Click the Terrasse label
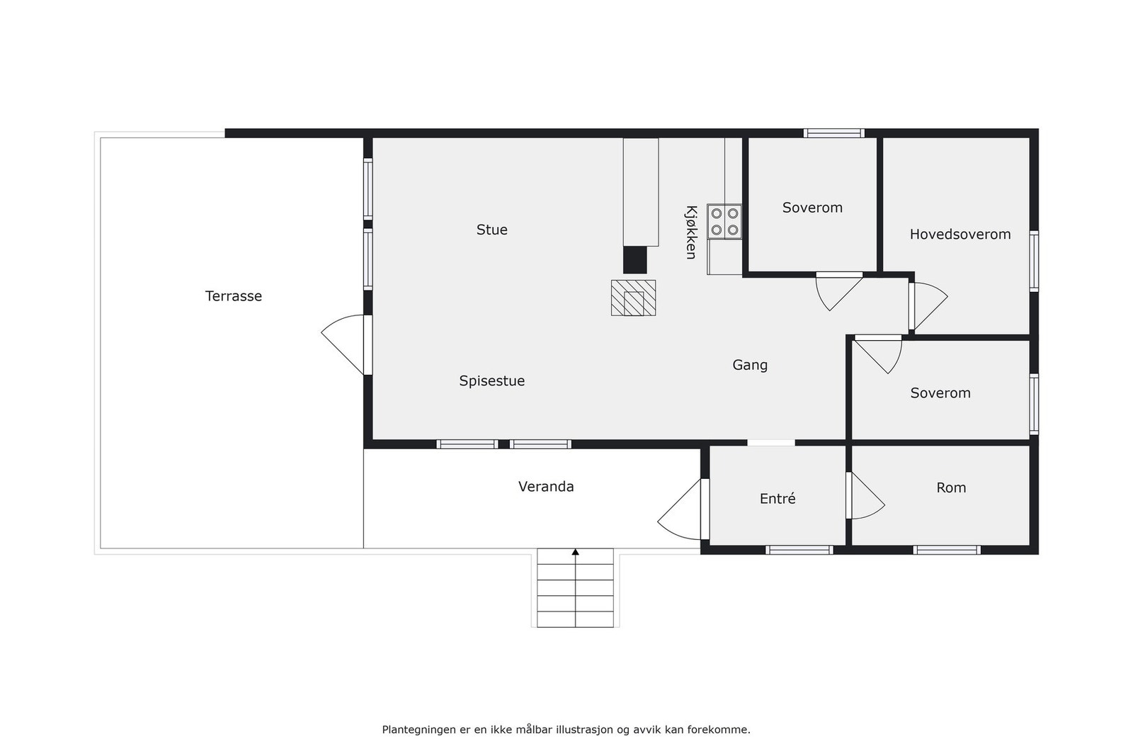[233, 296]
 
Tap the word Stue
[491, 230]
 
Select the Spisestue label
[491, 380]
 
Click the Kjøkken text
[691, 232]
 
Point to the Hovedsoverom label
[960, 235]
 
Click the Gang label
[749, 365]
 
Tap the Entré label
[777, 499]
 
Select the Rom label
[950, 487]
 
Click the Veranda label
[545, 487]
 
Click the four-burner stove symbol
[724, 221]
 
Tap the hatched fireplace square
[633, 298]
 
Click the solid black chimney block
[634, 259]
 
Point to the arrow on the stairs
[575, 552]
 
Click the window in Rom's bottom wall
[946, 550]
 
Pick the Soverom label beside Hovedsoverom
[812, 208]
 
